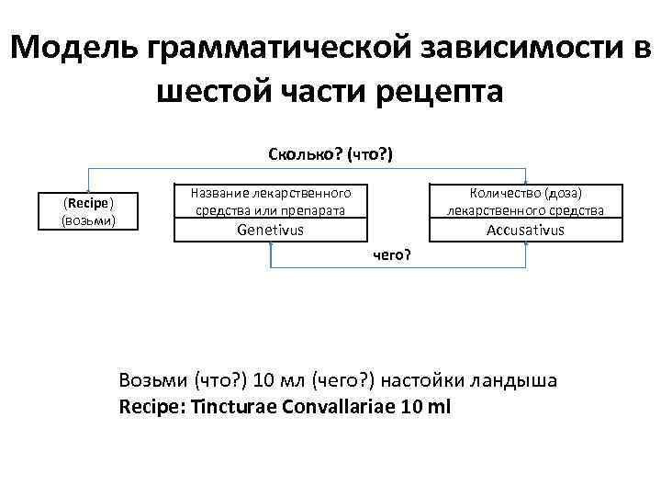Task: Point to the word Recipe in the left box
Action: tap(88, 204)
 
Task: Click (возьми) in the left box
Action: tap(88, 220)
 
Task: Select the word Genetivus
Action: tap(270, 230)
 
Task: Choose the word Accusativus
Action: tap(525, 230)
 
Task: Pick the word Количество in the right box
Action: tap(503, 193)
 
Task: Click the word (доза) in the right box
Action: tap(562, 193)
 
